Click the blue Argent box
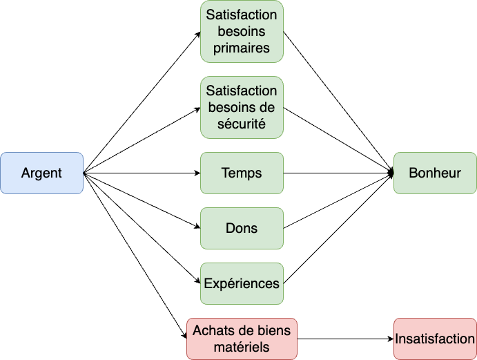click(x=41, y=173)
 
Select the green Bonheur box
click(x=435, y=173)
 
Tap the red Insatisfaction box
click(x=435, y=339)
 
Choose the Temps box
click(x=242, y=173)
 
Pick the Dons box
click(x=242, y=228)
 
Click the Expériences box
click(x=242, y=283)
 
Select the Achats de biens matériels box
click(x=242, y=339)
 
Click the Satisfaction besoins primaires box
click(x=242, y=32)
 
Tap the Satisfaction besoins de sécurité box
click(x=242, y=107)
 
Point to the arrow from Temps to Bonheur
click(x=338, y=173)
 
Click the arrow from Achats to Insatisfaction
click(x=345, y=339)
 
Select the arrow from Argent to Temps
click(x=142, y=173)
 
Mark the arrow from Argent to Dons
click(x=142, y=200)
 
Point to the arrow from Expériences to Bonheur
click(x=338, y=228)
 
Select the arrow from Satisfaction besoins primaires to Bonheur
click(x=338, y=102)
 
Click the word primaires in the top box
click(x=242, y=49)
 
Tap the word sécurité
click(x=242, y=124)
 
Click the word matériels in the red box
click(x=242, y=347)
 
